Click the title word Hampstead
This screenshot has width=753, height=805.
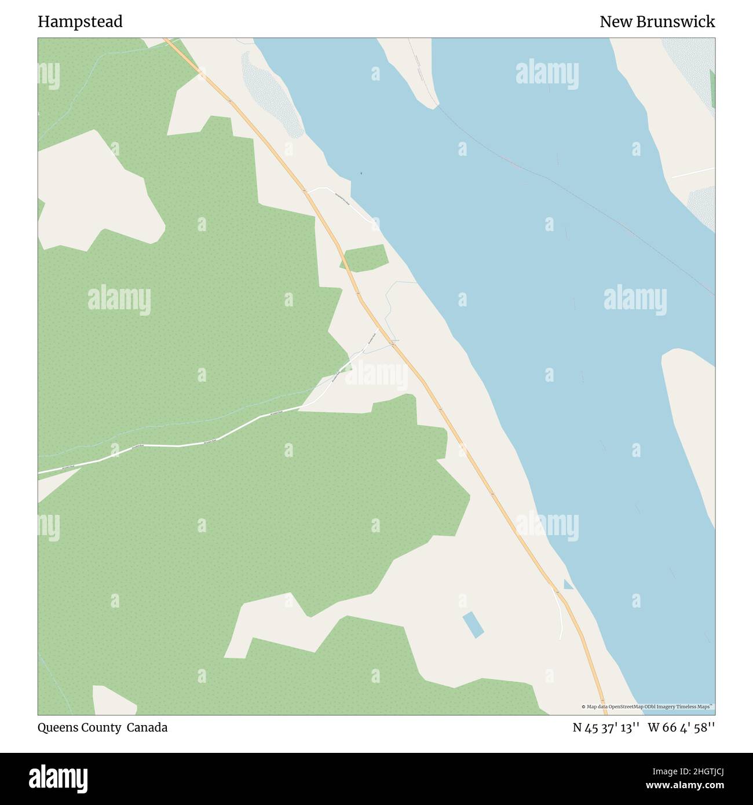click(x=80, y=22)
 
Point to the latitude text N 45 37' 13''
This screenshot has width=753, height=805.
click(x=606, y=727)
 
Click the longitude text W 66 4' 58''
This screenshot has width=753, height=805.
click(x=681, y=727)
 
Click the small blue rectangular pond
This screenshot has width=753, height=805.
click(x=473, y=625)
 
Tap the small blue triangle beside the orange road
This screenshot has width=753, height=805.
click(x=568, y=585)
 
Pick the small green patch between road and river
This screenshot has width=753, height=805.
click(x=364, y=258)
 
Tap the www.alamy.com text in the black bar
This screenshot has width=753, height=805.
click(x=684, y=786)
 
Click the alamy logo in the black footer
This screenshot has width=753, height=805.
click(x=58, y=778)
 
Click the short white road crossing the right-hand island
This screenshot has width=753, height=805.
click(x=693, y=173)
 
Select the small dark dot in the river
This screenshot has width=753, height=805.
click(x=361, y=173)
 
